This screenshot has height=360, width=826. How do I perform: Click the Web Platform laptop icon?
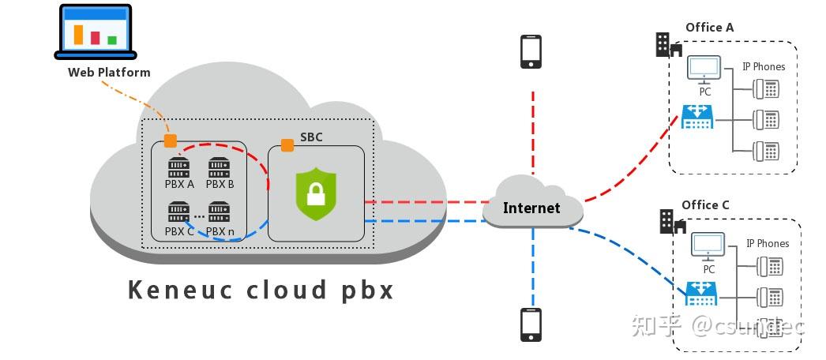[96, 32]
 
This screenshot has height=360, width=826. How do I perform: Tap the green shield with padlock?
[316, 193]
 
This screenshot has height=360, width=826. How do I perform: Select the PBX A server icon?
[179, 167]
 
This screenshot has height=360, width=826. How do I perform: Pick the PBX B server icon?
[219, 167]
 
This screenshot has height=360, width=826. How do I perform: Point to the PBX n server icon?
[219, 212]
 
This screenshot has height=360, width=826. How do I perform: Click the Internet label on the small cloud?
[531, 208]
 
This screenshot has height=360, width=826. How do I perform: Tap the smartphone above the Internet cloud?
[531, 51]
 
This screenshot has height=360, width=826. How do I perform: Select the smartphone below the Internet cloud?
[531, 325]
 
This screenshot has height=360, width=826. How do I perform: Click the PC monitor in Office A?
[704, 69]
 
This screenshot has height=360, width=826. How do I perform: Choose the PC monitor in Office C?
[708, 247]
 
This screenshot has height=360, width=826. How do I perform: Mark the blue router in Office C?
[701, 294]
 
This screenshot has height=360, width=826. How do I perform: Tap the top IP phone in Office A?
[766, 88]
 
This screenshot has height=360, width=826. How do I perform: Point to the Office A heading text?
[709, 28]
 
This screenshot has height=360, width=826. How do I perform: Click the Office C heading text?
[705, 205]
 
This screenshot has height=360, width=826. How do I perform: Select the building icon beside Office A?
[668, 45]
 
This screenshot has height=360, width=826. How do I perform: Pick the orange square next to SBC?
[287, 146]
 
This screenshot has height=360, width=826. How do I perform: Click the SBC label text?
[311, 137]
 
